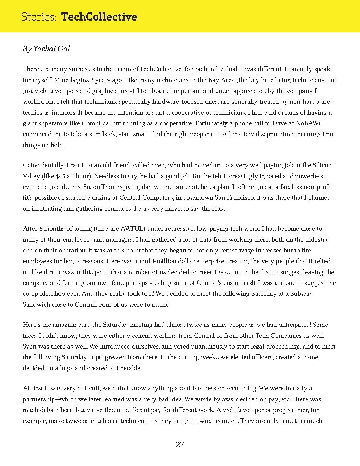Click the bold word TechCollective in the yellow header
click(x=99, y=17)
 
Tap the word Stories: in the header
click(x=39, y=17)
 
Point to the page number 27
click(x=180, y=445)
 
